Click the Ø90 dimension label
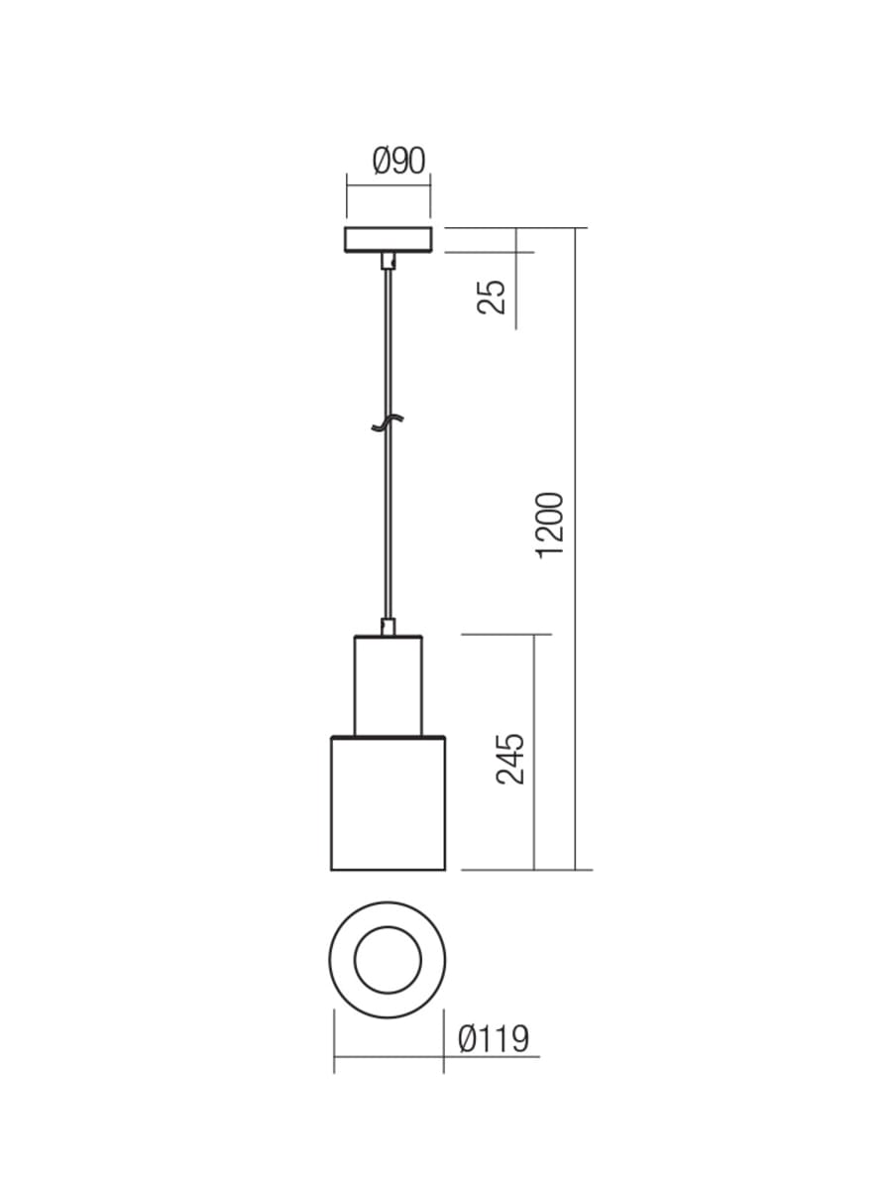399,161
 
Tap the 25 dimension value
492,297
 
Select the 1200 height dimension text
549,526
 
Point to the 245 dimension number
510,759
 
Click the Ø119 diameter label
494,1039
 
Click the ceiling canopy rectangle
389,240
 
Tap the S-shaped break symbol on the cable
388,422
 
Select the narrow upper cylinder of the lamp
389,686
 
